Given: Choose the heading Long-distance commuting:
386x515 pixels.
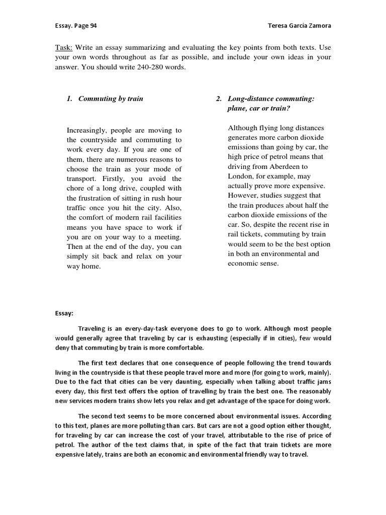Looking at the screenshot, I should pos(271,99).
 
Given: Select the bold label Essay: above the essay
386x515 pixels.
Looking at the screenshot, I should pos(64,313).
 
